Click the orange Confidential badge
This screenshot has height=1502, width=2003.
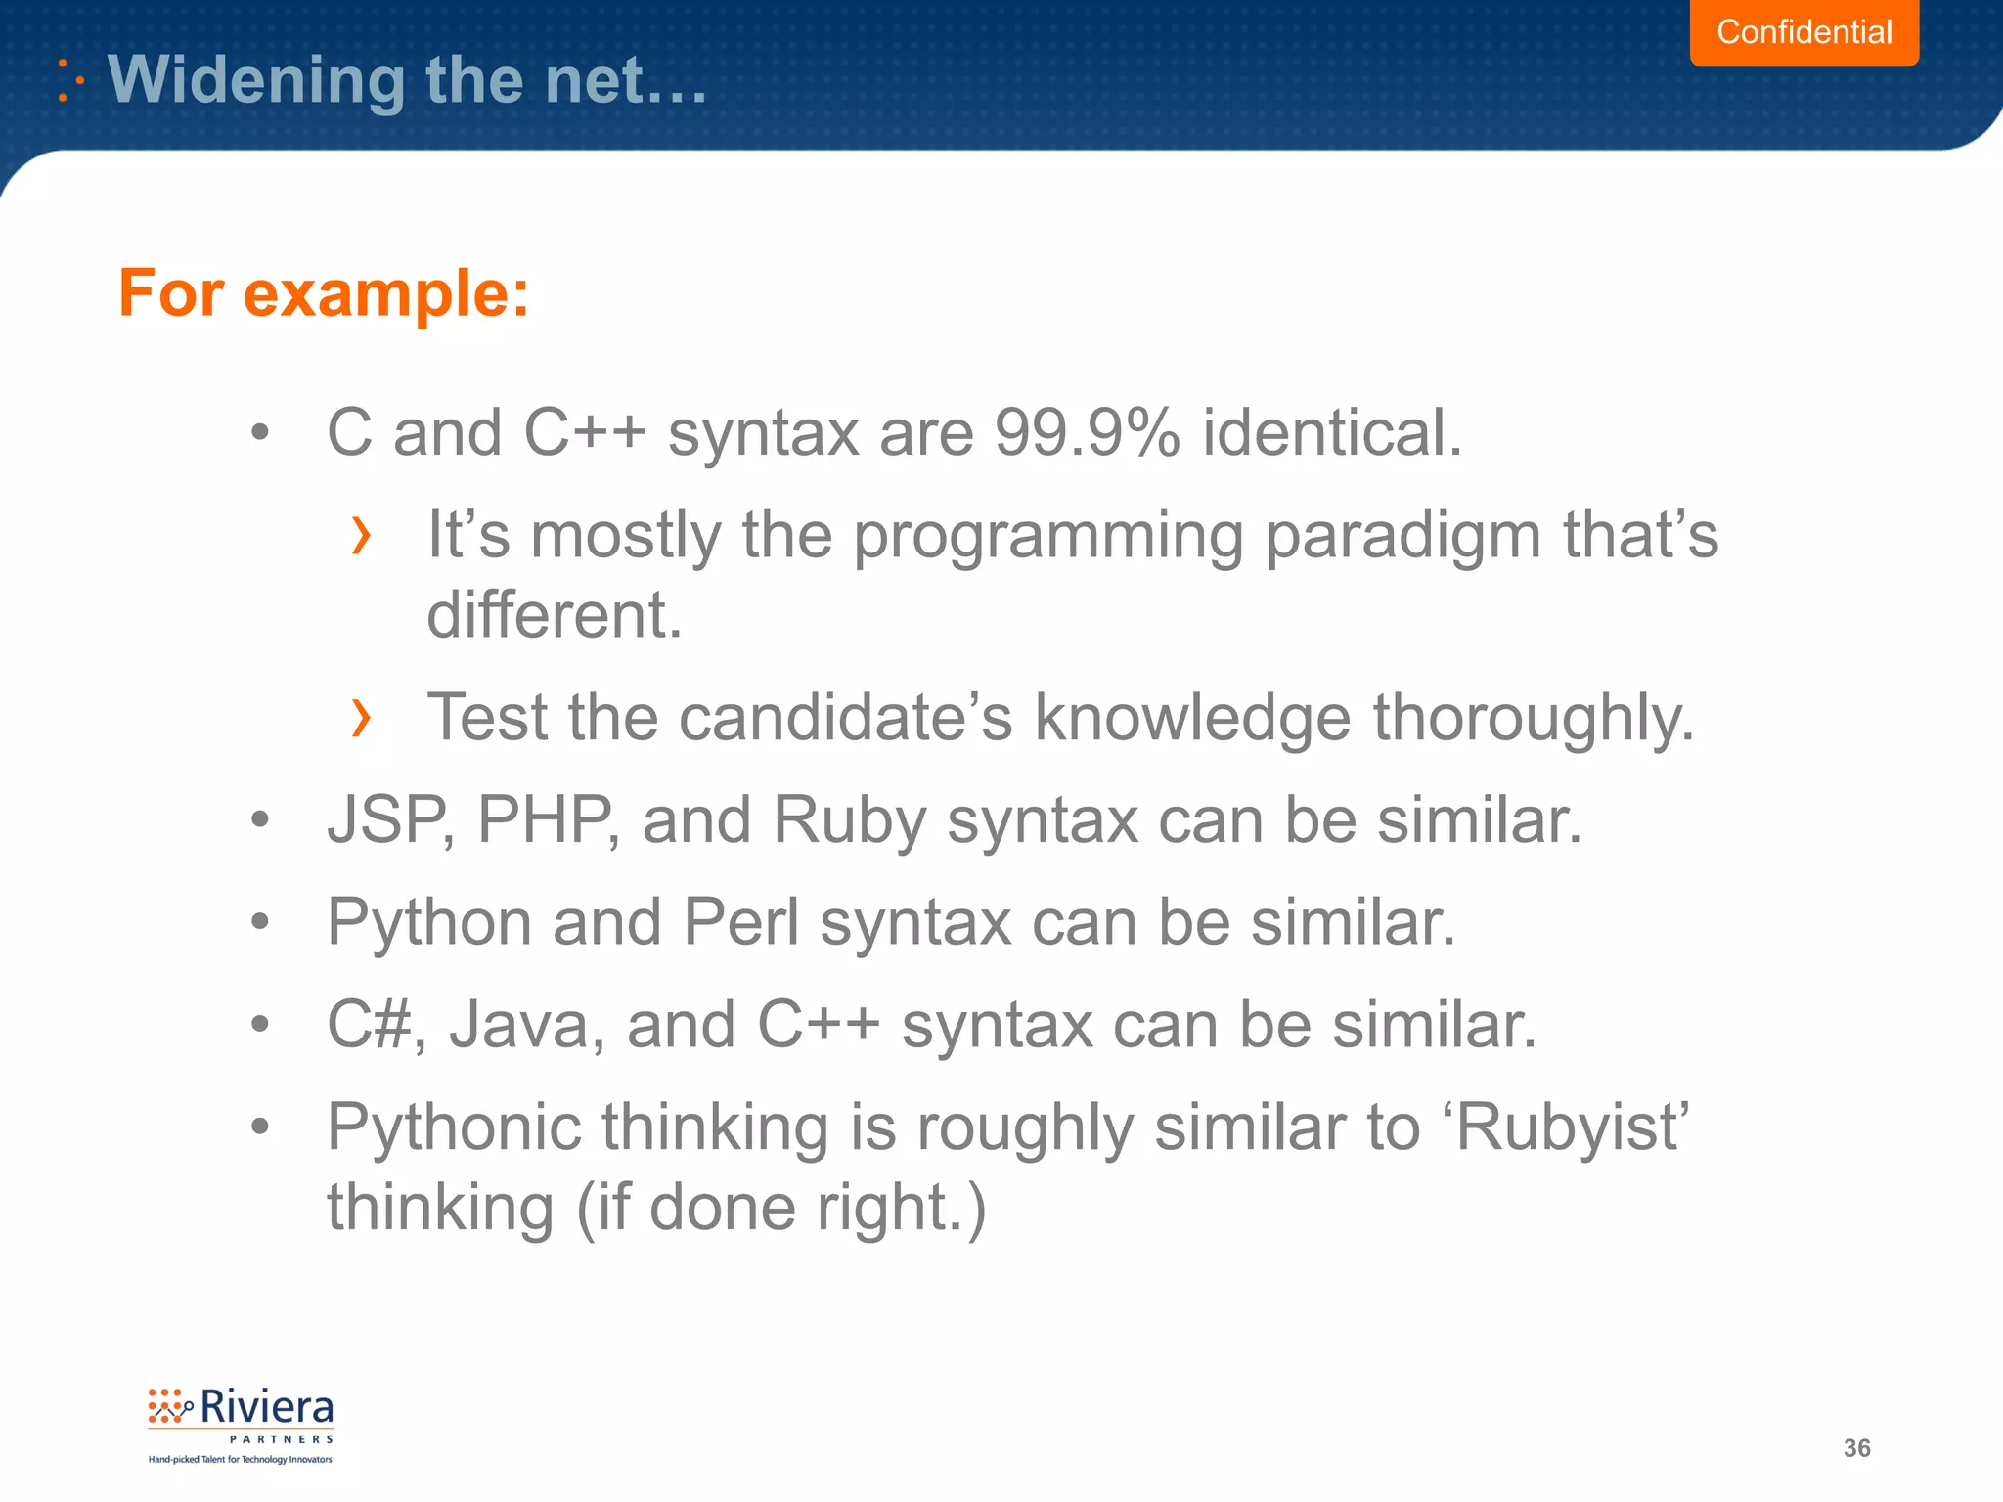[x=1803, y=32]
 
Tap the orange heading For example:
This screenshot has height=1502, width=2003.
[x=324, y=292]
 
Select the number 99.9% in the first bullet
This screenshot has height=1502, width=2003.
[x=1087, y=432]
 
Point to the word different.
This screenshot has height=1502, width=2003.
[x=554, y=615]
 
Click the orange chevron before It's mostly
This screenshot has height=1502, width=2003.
[x=361, y=536]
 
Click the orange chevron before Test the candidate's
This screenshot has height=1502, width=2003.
[x=361, y=718]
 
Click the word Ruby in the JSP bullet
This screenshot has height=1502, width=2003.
[x=849, y=821]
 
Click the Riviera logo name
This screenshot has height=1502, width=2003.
[x=266, y=1408]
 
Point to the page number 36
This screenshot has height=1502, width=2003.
[x=1856, y=1448]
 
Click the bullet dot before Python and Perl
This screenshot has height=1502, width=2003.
[x=259, y=921]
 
